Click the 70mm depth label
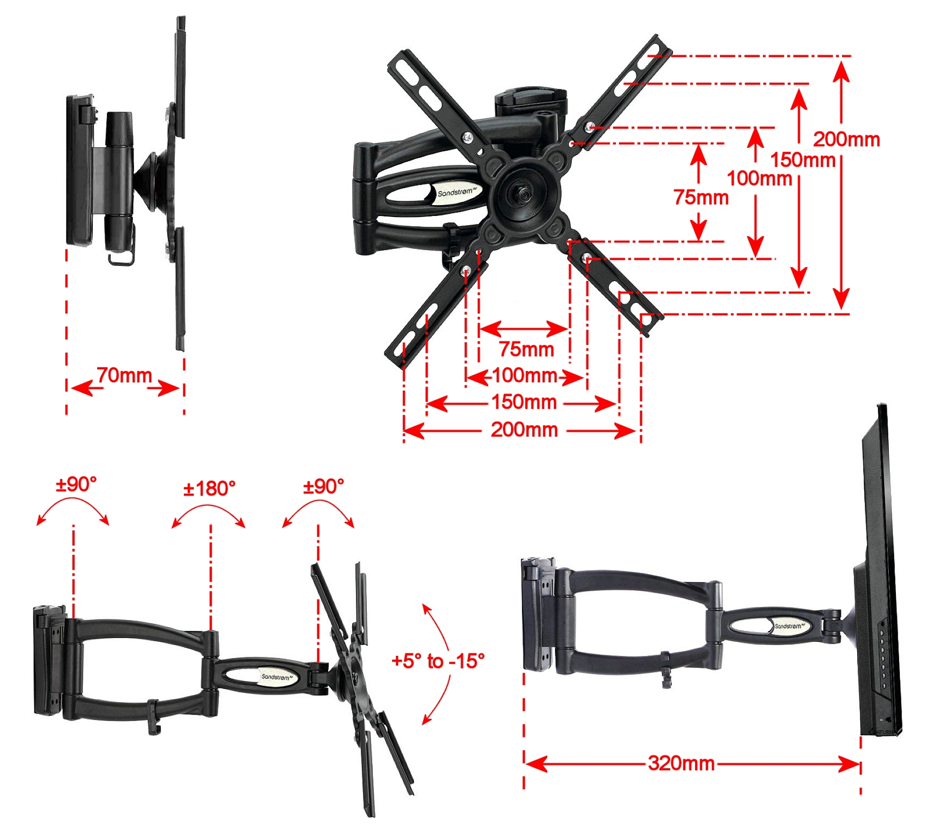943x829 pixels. [124, 375]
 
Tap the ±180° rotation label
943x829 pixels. [209, 489]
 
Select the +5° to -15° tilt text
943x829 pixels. [438, 661]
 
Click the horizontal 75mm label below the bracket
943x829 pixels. [526, 349]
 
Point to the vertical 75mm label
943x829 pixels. [701, 197]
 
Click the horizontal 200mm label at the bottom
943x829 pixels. [524, 430]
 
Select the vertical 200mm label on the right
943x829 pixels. [846, 139]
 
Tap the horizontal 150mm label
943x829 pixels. [524, 402]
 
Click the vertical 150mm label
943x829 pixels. [802, 160]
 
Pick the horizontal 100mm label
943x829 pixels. [524, 375]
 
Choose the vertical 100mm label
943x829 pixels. [759, 179]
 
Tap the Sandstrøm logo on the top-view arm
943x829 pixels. [456, 192]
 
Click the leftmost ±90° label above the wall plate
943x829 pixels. [76, 484]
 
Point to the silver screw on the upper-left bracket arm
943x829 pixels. [467, 138]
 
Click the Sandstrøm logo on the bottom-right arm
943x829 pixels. [790, 626]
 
